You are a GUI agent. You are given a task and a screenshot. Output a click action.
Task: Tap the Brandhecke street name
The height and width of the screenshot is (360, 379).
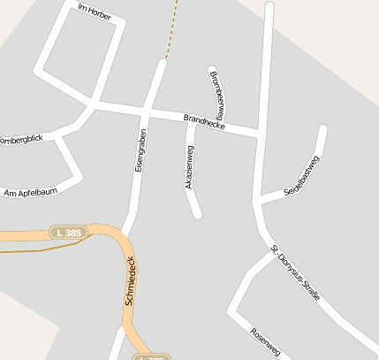204,122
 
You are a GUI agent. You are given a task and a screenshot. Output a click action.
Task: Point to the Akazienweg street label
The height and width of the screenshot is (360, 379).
189,165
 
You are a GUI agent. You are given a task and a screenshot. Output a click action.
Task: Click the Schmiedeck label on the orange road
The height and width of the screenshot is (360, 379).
130,280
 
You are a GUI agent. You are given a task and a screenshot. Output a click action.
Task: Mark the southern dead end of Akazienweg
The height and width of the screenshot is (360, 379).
198,214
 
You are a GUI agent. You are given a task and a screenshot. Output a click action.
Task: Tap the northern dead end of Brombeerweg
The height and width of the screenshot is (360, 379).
211,69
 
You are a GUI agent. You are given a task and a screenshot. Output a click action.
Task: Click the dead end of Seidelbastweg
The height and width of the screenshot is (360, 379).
323,129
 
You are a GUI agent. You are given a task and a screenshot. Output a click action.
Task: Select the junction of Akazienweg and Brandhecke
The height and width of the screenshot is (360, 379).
192,120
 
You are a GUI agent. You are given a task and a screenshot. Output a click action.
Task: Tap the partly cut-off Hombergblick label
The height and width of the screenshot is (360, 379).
21,140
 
